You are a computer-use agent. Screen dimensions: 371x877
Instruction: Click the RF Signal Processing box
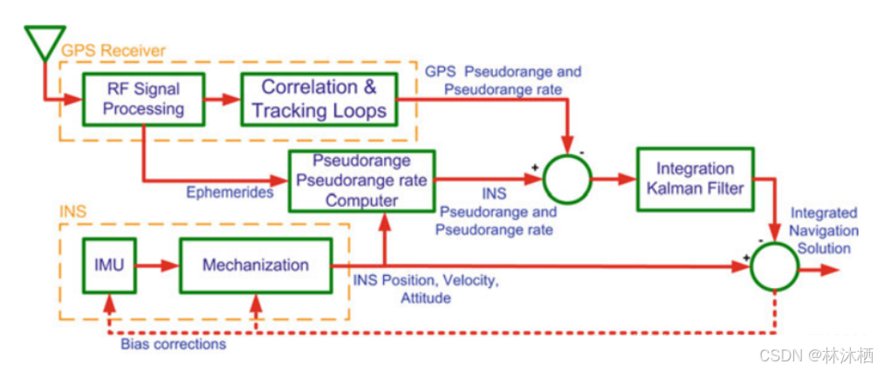[x=143, y=98]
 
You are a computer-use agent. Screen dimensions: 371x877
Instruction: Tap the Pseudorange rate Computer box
[x=361, y=180]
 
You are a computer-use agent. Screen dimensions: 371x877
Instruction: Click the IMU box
[x=109, y=264]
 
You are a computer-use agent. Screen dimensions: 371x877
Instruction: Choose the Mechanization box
[x=255, y=265]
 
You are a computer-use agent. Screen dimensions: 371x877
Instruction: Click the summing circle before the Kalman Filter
[x=567, y=180]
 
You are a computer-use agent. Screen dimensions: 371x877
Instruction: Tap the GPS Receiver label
[x=111, y=51]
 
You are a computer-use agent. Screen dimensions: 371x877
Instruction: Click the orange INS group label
[x=73, y=212]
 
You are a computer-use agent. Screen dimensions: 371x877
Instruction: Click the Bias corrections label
[x=173, y=344]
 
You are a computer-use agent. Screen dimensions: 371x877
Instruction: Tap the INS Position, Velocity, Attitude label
[x=426, y=289]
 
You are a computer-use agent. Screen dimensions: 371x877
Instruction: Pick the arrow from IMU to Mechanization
[x=158, y=265]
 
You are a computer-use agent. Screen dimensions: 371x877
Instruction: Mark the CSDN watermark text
[x=815, y=356]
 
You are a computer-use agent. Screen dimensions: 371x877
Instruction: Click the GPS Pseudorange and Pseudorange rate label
[x=502, y=79]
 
